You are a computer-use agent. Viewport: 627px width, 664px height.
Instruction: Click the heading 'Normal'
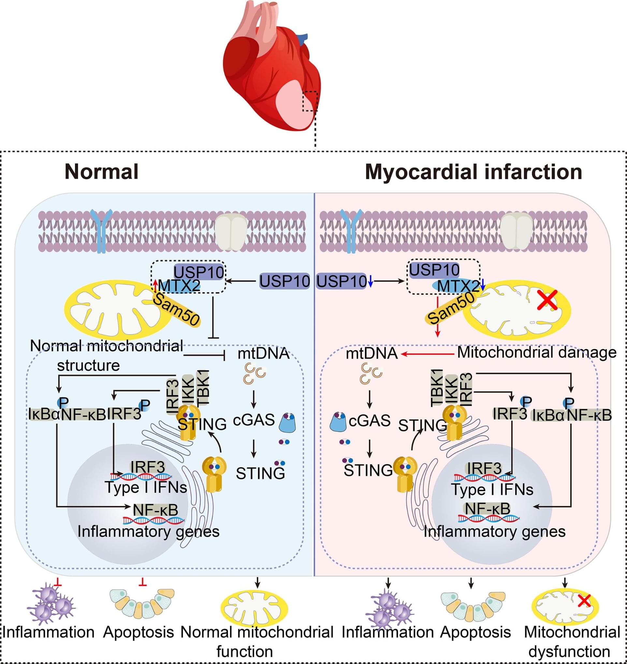point(101,172)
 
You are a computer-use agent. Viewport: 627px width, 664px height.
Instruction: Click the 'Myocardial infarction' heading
point(474,172)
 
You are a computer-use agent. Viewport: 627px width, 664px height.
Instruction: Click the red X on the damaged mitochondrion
point(547,300)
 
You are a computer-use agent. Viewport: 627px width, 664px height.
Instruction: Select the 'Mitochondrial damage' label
point(537,353)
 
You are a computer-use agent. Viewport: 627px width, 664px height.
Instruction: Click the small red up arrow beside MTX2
point(155,286)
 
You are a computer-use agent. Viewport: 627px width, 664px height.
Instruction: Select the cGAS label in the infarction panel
point(369,421)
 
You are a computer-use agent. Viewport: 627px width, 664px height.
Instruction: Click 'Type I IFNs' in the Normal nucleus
point(146,487)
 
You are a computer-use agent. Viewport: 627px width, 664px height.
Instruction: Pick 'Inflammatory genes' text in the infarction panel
point(495,532)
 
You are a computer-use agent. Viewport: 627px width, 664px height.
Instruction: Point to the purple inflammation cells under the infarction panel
point(390,607)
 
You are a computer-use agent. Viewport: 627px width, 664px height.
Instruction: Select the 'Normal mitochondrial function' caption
point(257,642)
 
